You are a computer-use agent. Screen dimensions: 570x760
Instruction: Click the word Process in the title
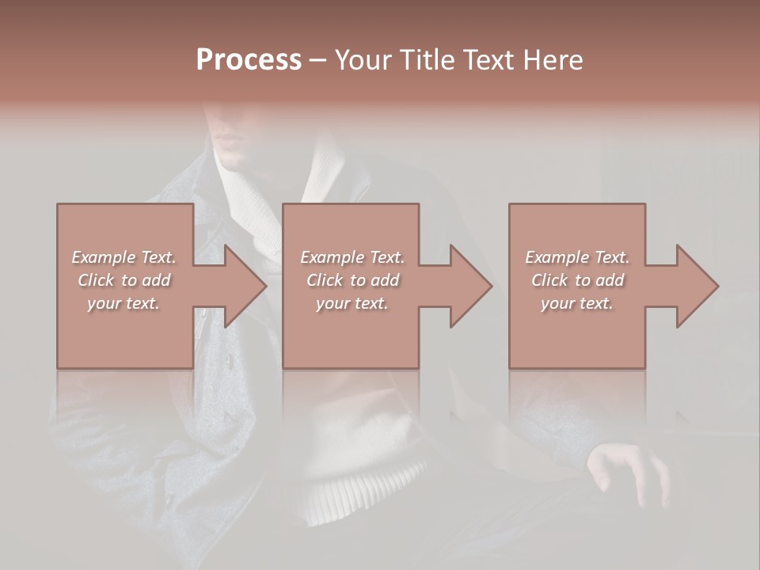click(x=249, y=60)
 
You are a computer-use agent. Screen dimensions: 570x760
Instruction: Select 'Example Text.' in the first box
click(x=123, y=257)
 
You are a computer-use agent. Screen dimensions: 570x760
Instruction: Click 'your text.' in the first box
click(x=123, y=303)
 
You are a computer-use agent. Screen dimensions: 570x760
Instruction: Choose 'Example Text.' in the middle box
click(x=351, y=257)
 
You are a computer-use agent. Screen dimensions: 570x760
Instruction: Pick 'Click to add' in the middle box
click(x=352, y=280)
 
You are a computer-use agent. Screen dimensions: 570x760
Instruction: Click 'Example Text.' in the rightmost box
click(x=577, y=257)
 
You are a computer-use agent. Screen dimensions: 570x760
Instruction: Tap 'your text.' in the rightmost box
click(x=577, y=303)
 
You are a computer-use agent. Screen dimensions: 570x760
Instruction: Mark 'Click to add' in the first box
click(x=124, y=280)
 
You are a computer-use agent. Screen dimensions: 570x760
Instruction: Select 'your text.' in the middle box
click(x=351, y=303)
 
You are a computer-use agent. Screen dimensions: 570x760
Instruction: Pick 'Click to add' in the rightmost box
click(x=578, y=280)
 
